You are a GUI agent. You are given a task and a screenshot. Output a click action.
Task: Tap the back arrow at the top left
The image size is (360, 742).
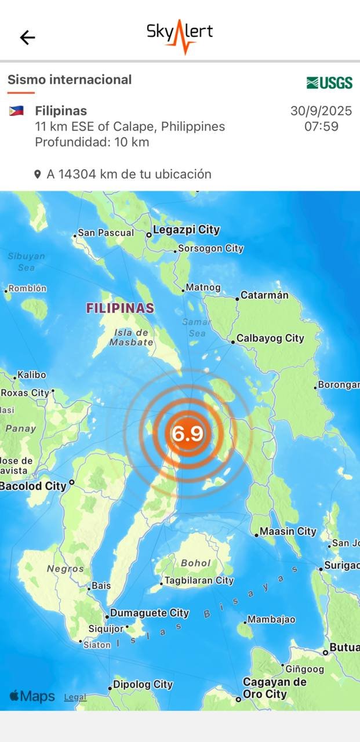click(27, 38)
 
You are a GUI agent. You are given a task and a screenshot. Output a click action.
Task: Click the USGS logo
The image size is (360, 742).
click(329, 83)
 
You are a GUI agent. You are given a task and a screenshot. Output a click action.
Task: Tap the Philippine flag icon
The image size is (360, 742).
click(16, 111)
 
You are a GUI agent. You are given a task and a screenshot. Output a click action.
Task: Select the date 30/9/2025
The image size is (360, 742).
click(321, 111)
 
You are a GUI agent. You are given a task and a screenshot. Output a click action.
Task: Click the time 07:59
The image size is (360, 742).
click(321, 126)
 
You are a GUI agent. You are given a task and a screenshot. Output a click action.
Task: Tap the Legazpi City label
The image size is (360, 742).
click(186, 230)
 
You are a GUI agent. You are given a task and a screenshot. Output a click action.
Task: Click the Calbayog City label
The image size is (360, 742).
click(270, 339)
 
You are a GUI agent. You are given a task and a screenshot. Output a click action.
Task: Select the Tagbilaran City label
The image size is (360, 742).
click(199, 580)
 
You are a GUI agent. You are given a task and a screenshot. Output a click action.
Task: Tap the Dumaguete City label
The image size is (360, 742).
click(150, 613)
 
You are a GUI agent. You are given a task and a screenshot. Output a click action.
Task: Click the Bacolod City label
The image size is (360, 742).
click(33, 486)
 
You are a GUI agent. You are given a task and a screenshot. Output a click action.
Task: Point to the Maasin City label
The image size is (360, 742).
click(288, 532)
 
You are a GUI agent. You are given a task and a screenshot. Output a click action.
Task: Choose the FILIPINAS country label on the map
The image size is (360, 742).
click(120, 308)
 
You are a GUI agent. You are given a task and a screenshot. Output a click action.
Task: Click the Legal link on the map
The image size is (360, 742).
click(75, 697)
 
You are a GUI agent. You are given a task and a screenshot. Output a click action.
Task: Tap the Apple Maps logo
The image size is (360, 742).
click(32, 696)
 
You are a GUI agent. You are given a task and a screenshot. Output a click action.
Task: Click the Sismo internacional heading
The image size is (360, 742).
click(70, 79)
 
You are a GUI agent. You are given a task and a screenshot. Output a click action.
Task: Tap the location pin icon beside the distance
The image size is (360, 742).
click(38, 174)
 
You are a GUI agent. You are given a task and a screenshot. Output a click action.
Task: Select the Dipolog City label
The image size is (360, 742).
click(143, 685)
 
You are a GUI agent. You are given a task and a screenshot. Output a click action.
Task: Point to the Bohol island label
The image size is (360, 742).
click(195, 563)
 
